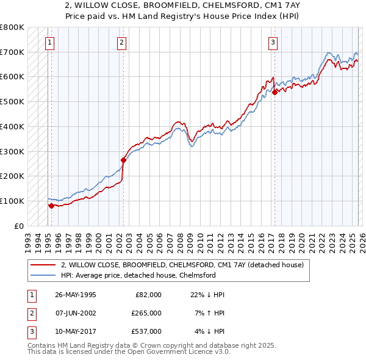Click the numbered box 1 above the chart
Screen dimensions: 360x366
pyautogui.click(x=49, y=42)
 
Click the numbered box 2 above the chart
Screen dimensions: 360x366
pyautogui.click(x=122, y=42)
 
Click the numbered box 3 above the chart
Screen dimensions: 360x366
pyautogui.click(x=273, y=42)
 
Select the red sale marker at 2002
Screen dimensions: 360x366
pyautogui.click(x=123, y=160)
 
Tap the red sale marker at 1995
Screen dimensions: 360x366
pyautogui.click(x=51, y=206)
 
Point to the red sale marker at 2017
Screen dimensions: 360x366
pyautogui.click(x=274, y=92)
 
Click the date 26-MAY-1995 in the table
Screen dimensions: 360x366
pyautogui.click(x=75, y=295)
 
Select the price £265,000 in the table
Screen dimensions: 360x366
pyautogui.click(x=146, y=313)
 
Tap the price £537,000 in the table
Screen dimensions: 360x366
pyautogui.click(x=146, y=331)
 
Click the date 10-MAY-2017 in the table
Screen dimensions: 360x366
pyautogui.click(x=75, y=331)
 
